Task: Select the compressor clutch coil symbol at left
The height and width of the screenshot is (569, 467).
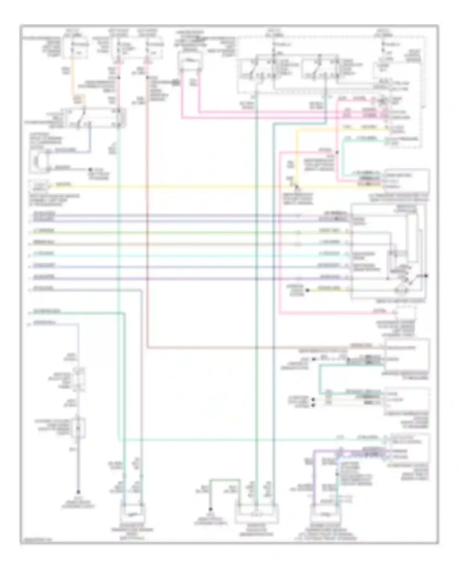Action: coord(39,161)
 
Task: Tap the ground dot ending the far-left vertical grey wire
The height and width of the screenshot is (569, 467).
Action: coord(78,492)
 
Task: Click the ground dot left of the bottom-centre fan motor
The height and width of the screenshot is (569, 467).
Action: coord(210,509)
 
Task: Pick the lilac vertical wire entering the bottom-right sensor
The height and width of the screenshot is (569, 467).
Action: coord(314,476)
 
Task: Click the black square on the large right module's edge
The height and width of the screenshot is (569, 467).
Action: coord(426,276)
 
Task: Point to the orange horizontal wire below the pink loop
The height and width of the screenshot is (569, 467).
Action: coord(249,348)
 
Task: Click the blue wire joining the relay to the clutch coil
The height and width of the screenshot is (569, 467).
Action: coord(90,140)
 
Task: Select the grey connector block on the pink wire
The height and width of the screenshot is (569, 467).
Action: coord(176,82)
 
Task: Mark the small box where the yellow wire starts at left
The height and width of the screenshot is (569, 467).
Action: coord(39,187)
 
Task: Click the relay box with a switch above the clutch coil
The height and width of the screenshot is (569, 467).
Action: coord(95,118)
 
